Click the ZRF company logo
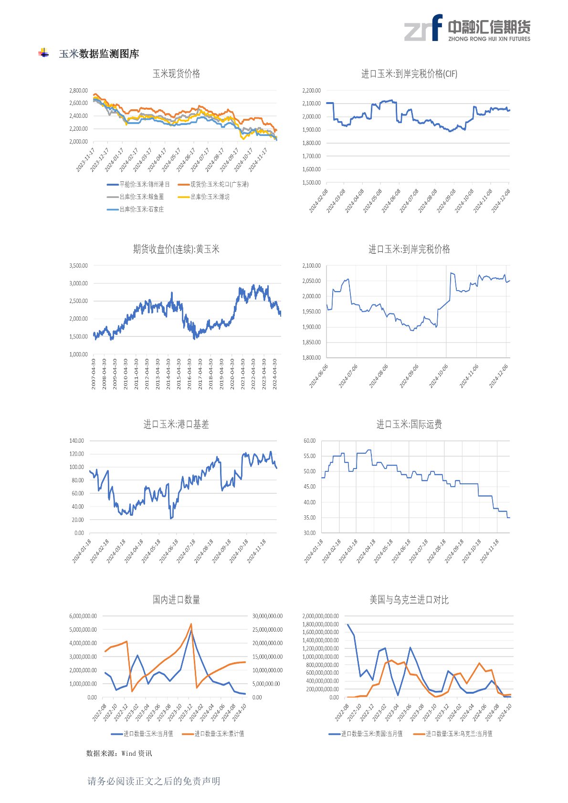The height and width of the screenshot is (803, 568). (x=467, y=28)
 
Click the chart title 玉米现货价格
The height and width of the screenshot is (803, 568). (x=176, y=73)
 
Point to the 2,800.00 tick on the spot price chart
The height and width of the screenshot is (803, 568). (x=78, y=90)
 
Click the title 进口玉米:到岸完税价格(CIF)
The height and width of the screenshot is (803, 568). (x=409, y=73)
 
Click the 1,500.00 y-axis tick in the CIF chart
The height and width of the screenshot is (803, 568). (x=311, y=182)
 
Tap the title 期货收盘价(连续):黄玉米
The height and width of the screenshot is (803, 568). (x=176, y=249)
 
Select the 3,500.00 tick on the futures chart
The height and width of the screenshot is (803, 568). (x=78, y=265)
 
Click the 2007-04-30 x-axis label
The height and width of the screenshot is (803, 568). (x=94, y=374)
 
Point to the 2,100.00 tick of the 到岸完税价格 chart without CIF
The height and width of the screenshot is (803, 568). (x=311, y=266)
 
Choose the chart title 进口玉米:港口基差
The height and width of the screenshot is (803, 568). (x=176, y=424)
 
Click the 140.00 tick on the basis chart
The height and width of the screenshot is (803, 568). (x=77, y=440)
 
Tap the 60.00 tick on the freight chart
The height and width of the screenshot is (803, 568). (x=309, y=440)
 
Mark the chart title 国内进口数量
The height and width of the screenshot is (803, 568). (x=176, y=600)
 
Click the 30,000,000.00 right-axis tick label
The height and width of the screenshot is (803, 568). (x=267, y=616)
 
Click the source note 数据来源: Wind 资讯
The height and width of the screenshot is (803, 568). (x=119, y=753)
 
